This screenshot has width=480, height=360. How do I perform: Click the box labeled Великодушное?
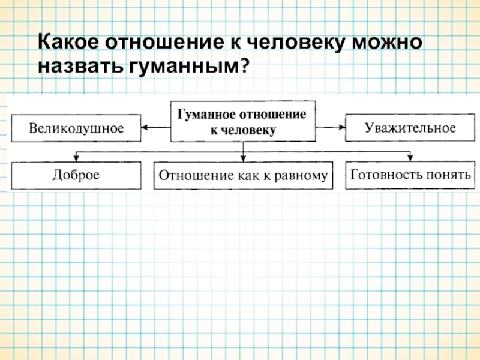click(x=76, y=128)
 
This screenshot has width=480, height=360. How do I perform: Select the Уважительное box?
click(x=410, y=128)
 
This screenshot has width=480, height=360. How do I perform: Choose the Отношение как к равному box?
click(x=243, y=176)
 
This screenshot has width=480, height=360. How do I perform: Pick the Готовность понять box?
click(x=410, y=175)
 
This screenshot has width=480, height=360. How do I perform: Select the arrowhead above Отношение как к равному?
click(x=243, y=158)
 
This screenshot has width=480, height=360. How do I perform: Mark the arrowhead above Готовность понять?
click(x=410, y=158)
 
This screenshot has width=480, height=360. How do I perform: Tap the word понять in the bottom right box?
click(x=448, y=175)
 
